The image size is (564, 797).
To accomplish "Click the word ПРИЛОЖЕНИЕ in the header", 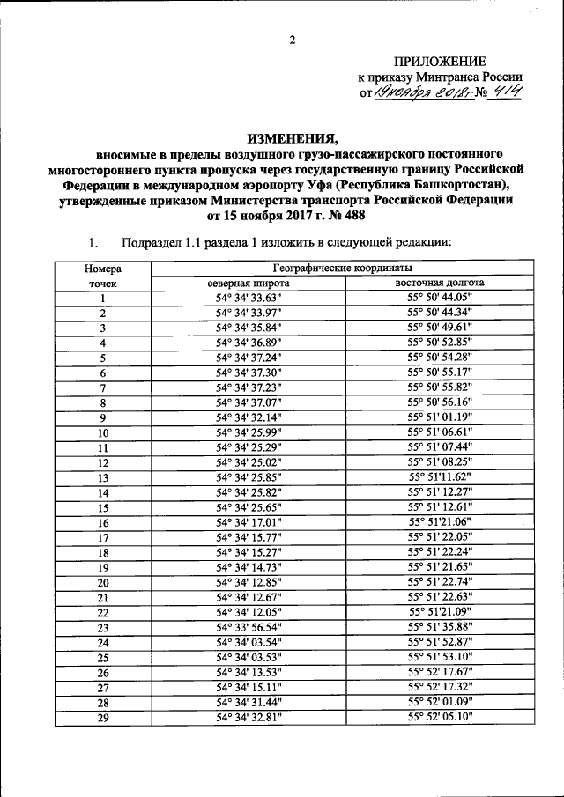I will pyautogui.click(x=441, y=62).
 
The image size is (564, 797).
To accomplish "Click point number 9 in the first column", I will pyautogui.click(x=103, y=417).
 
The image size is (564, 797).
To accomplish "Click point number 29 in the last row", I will pyautogui.click(x=103, y=717).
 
